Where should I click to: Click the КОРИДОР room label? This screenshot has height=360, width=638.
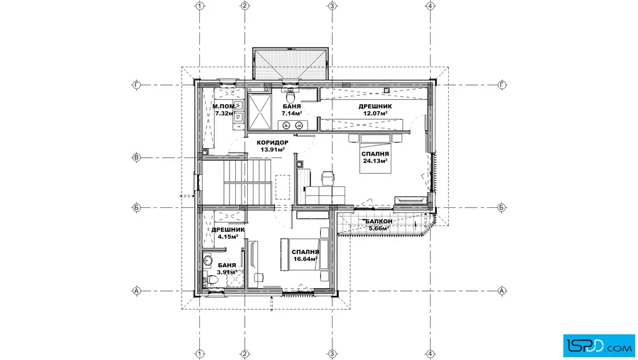point(273,143)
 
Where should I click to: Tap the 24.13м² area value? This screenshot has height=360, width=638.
point(375,161)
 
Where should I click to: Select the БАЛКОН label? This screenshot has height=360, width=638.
point(379,221)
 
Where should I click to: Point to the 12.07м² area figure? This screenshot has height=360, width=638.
point(375,113)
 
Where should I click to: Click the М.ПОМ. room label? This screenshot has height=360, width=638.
point(224,107)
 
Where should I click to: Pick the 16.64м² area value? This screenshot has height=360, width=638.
point(305,259)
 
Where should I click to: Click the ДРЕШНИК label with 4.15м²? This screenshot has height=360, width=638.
point(228,230)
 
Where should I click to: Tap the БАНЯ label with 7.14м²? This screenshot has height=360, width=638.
point(292,107)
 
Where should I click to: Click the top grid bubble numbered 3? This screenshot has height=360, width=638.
point(332,6)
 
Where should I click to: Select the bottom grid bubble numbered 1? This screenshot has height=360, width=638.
point(199,354)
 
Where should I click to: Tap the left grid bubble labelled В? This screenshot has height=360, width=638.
point(137,157)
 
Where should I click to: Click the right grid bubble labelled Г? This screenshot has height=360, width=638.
point(502,85)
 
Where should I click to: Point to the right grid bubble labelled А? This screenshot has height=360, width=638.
point(502,291)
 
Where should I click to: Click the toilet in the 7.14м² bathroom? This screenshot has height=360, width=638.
point(291,96)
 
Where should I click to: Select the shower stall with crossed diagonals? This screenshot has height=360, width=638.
point(259,111)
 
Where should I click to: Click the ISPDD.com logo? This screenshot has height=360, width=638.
point(599,346)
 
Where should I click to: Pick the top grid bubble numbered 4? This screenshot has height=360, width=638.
point(430,6)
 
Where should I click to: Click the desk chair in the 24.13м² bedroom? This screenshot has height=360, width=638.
point(328,177)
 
